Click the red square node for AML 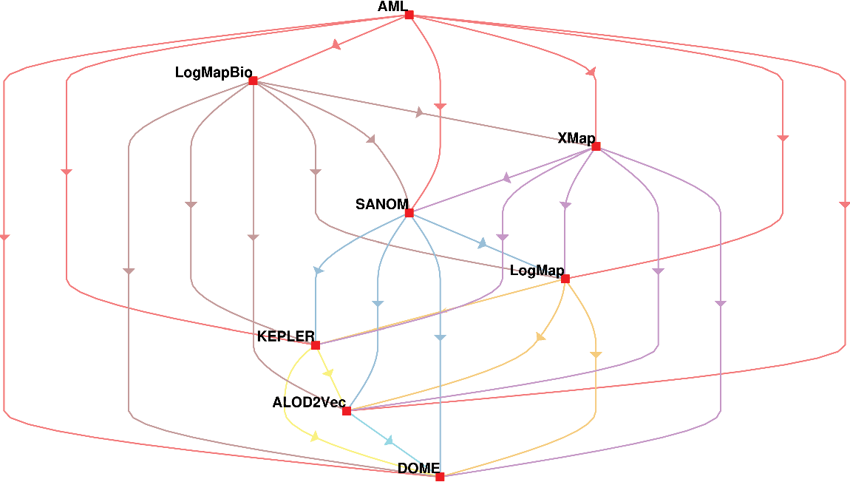(x=409, y=15)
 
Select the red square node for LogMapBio (x=253, y=81)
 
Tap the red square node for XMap (x=596, y=146)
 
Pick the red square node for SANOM (x=409, y=213)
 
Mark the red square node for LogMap (x=565, y=279)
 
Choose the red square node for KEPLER (x=316, y=345)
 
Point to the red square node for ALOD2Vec (x=347, y=411)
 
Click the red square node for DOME (x=440, y=477)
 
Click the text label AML (x=392, y=7)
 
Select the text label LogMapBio (x=214, y=72)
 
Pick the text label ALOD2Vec (x=309, y=403)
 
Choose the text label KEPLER (x=285, y=337)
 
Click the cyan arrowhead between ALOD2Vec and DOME (x=390, y=441)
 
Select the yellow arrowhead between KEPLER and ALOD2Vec (x=330, y=373)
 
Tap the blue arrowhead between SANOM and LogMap (x=483, y=243)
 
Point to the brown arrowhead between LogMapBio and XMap (x=420, y=113)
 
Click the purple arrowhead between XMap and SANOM (x=507, y=178)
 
